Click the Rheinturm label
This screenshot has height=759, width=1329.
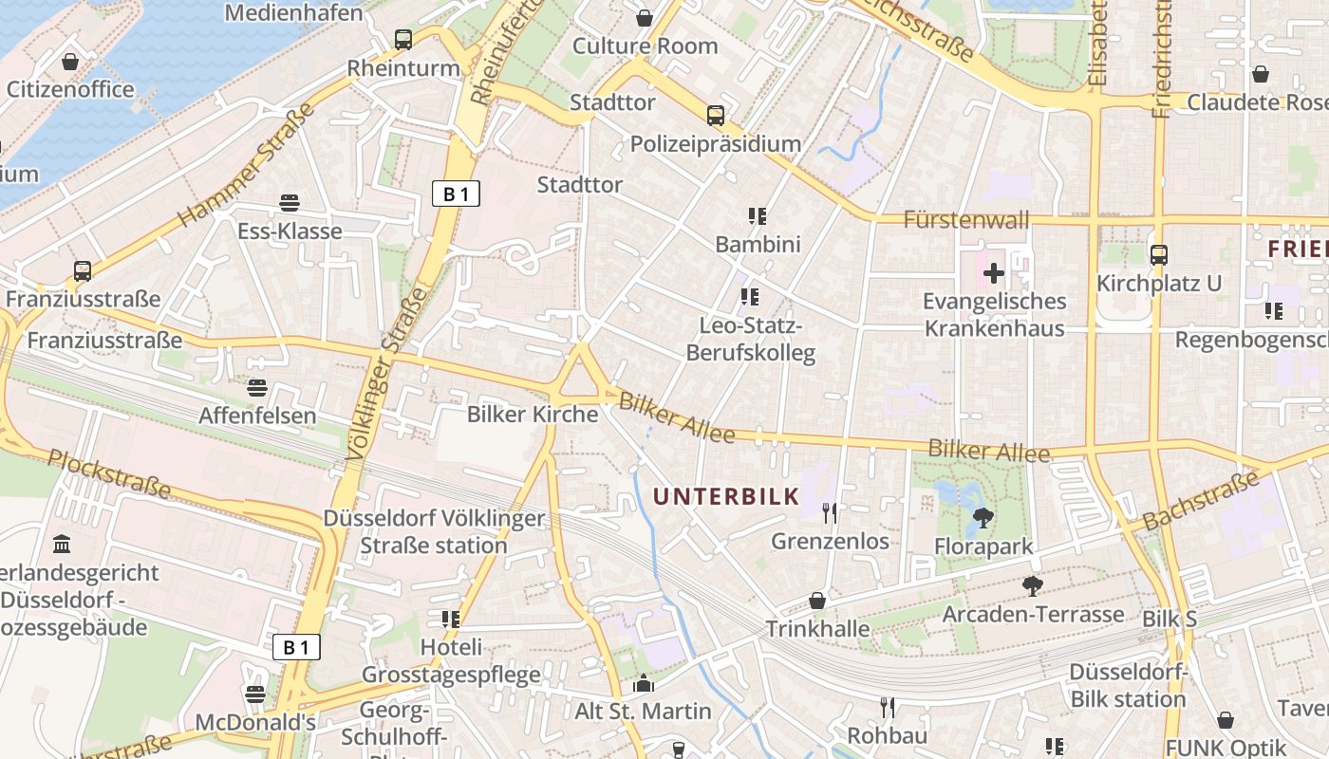pos(403,68)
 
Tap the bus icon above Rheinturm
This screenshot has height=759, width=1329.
pos(403,39)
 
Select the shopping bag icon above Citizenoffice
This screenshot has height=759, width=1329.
pos(69,62)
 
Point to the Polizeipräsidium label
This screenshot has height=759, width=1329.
pos(716,144)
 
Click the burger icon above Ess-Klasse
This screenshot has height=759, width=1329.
pos(290,202)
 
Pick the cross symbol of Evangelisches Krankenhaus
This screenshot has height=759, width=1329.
pos(994,274)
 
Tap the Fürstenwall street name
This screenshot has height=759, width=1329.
pos(966,220)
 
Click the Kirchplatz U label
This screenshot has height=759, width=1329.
pos(1158,284)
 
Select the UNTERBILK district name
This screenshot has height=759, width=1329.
pos(726,496)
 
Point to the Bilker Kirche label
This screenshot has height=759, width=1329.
pos(533,415)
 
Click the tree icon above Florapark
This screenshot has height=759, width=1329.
pos(983,518)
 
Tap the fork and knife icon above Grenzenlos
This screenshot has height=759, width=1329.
pos(831,513)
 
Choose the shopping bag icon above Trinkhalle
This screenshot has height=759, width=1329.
pos(817,601)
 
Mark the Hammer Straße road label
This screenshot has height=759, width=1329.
pos(246,164)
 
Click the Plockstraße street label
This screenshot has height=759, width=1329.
pos(109,473)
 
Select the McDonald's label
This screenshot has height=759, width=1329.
pos(255,722)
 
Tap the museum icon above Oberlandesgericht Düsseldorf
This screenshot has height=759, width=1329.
pos(63,545)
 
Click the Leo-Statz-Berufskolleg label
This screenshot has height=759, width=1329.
pos(757,340)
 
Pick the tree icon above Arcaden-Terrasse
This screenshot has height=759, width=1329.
pos(1032,586)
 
